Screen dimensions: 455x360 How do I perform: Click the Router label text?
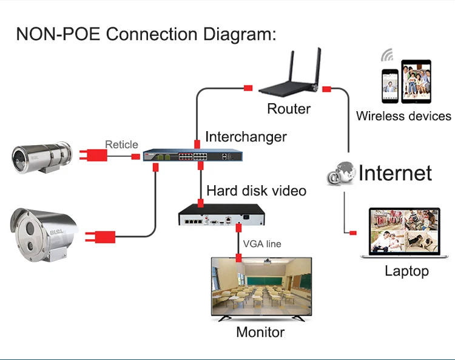pyautogui.click(x=289, y=109)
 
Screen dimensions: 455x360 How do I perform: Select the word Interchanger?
pyautogui.click(x=246, y=137)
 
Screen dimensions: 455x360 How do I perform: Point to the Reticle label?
pyautogui.click(x=121, y=144)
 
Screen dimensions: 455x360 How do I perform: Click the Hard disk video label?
pyautogui.click(x=256, y=191)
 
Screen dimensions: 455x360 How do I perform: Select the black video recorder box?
pyautogui.click(x=221, y=214)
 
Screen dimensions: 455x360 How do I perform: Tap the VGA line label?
pyautogui.click(x=262, y=244)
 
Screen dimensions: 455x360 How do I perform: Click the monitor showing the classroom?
pyautogui.click(x=261, y=290)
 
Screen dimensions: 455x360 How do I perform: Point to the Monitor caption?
pyautogui.click(x=260, y=332)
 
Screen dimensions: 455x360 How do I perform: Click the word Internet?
pyautogui.click(x=395, y=173)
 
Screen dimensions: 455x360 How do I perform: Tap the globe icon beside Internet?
pyautogui.click(x=341, y=174)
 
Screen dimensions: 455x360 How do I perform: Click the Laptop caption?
pyautogui.click(x=406, y=271)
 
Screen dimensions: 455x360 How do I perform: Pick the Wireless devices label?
pyautogui.click(x=403, y=116)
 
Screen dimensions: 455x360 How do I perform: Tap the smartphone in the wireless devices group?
pyautogui.click(x=389, y=86)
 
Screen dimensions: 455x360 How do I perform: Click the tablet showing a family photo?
pyautogui.click(x=416, y=81)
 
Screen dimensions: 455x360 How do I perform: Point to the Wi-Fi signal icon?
pyautogui.click(x=388, y=55)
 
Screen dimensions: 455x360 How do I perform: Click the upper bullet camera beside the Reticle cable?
pyautogui.click(x=42, y=158)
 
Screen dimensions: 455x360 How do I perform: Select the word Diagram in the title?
pyautogui.click(x=240, y=35)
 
